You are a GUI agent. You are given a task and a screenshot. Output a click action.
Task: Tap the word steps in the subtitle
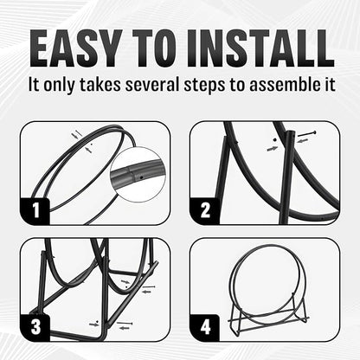(x=205, y=85)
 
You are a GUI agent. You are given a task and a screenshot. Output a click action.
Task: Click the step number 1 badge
(x=35, y=211)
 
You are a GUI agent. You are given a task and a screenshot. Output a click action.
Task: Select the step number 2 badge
(x=205, y=211)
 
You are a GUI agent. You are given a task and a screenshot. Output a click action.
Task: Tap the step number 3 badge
(x=35, y=328)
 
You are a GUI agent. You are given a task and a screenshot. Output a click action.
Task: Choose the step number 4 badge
(x=205, y=328)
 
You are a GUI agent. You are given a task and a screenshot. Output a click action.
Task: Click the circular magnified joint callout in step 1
(x=138, y=175)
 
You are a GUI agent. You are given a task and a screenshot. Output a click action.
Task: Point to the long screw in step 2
(x=307, y=133)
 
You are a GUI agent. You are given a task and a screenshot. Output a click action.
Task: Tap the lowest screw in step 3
(x=125, y=323)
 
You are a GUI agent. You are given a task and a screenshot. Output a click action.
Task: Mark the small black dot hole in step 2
(x=274, y=140)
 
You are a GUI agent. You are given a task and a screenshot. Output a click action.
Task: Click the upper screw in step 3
(x=148, y=287)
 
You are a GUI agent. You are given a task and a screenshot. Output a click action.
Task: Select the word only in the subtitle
(x=59, y=85)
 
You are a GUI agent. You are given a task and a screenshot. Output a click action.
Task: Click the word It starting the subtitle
(x=34, y=85)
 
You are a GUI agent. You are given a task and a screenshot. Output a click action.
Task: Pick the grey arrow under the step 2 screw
(x=303, y=141)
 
